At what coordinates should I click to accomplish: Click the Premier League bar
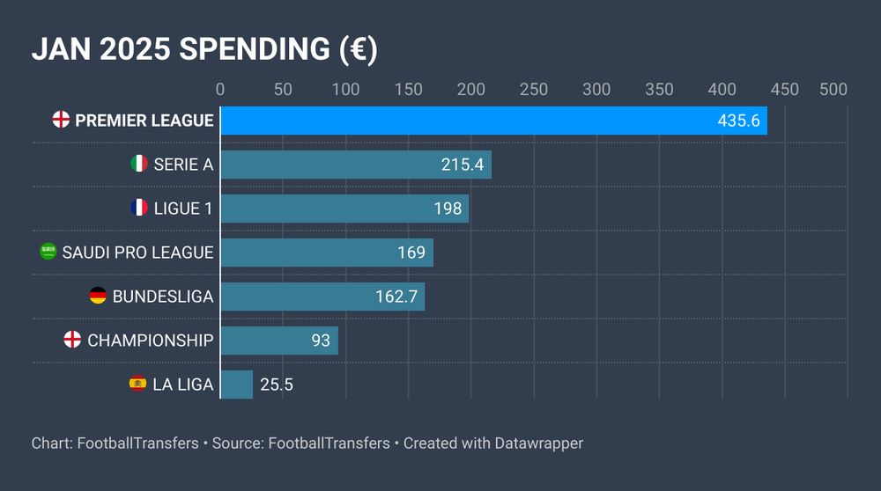pos(493,121)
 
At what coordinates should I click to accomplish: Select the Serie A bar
pos(355,165)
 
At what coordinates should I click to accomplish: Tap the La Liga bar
pos(236,385)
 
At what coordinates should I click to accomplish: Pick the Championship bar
pos(278,341)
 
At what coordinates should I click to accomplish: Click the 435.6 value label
pos(738,121)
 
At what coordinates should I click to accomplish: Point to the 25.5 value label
pos(277,385)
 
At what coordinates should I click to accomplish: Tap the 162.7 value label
pos(396,297)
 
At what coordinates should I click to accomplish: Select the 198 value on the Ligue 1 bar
pos(448,209)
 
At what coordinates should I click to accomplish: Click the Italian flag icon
pos(139,164)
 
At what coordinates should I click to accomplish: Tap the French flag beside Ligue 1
pos(139,208)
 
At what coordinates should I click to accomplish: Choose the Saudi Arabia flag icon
pos(48,252)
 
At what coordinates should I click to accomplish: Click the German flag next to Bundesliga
pos(98,296)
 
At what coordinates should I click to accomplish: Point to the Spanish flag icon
pos(138,384)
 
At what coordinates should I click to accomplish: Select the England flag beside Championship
pos(73,340)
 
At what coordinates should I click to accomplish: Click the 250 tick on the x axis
pos(534,90)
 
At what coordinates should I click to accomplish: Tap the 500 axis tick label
pos(833,90)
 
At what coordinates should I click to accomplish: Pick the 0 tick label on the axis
pos(220,90)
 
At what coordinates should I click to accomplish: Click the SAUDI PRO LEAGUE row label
pos(137,253)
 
